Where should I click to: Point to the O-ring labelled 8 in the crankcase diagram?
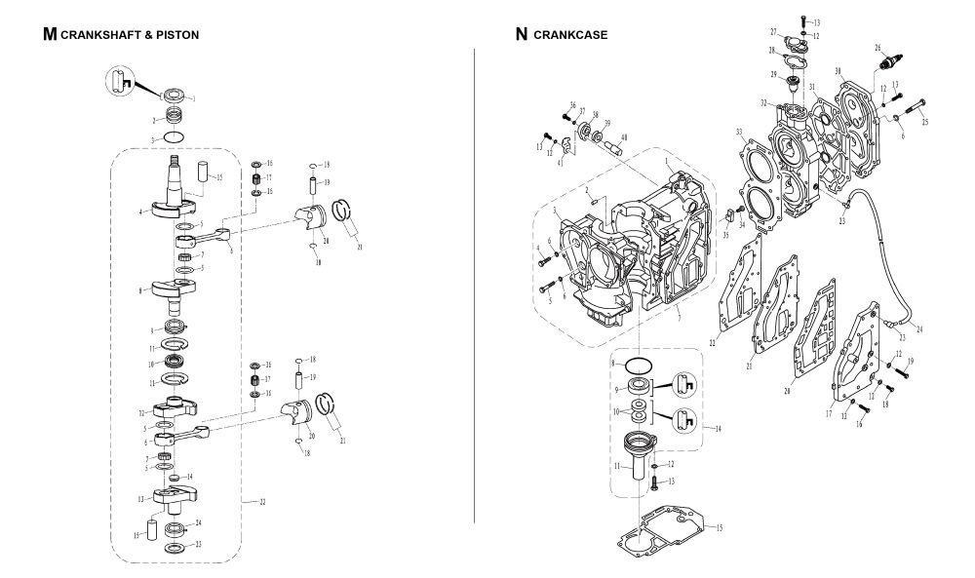pos(638,366)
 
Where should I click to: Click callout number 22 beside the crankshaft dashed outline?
pos(262,501)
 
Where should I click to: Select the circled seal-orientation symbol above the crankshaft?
pos(120,78)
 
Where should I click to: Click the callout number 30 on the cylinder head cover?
pos(838,71)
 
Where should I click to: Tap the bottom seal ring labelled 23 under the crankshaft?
pos(176,548)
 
